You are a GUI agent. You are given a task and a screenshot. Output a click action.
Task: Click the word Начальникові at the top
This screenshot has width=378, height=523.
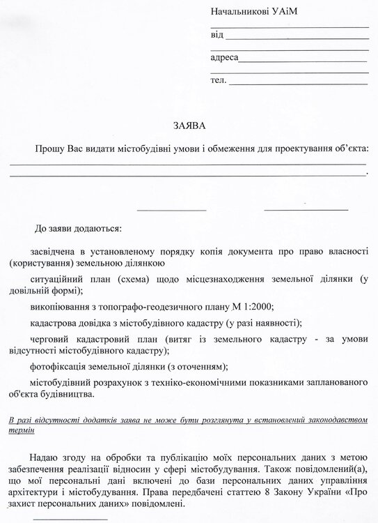point(239,13)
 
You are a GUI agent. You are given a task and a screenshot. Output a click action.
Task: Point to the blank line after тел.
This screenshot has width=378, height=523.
point(299,82)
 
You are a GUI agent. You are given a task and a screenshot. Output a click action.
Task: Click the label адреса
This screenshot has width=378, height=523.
point(223,58)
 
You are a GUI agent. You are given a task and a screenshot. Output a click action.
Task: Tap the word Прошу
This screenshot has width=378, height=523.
point(52,149)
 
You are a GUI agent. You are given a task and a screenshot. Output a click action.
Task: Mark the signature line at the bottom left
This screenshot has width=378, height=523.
point(70,517)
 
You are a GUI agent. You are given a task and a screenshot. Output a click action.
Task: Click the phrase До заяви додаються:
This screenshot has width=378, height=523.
point(77,228)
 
